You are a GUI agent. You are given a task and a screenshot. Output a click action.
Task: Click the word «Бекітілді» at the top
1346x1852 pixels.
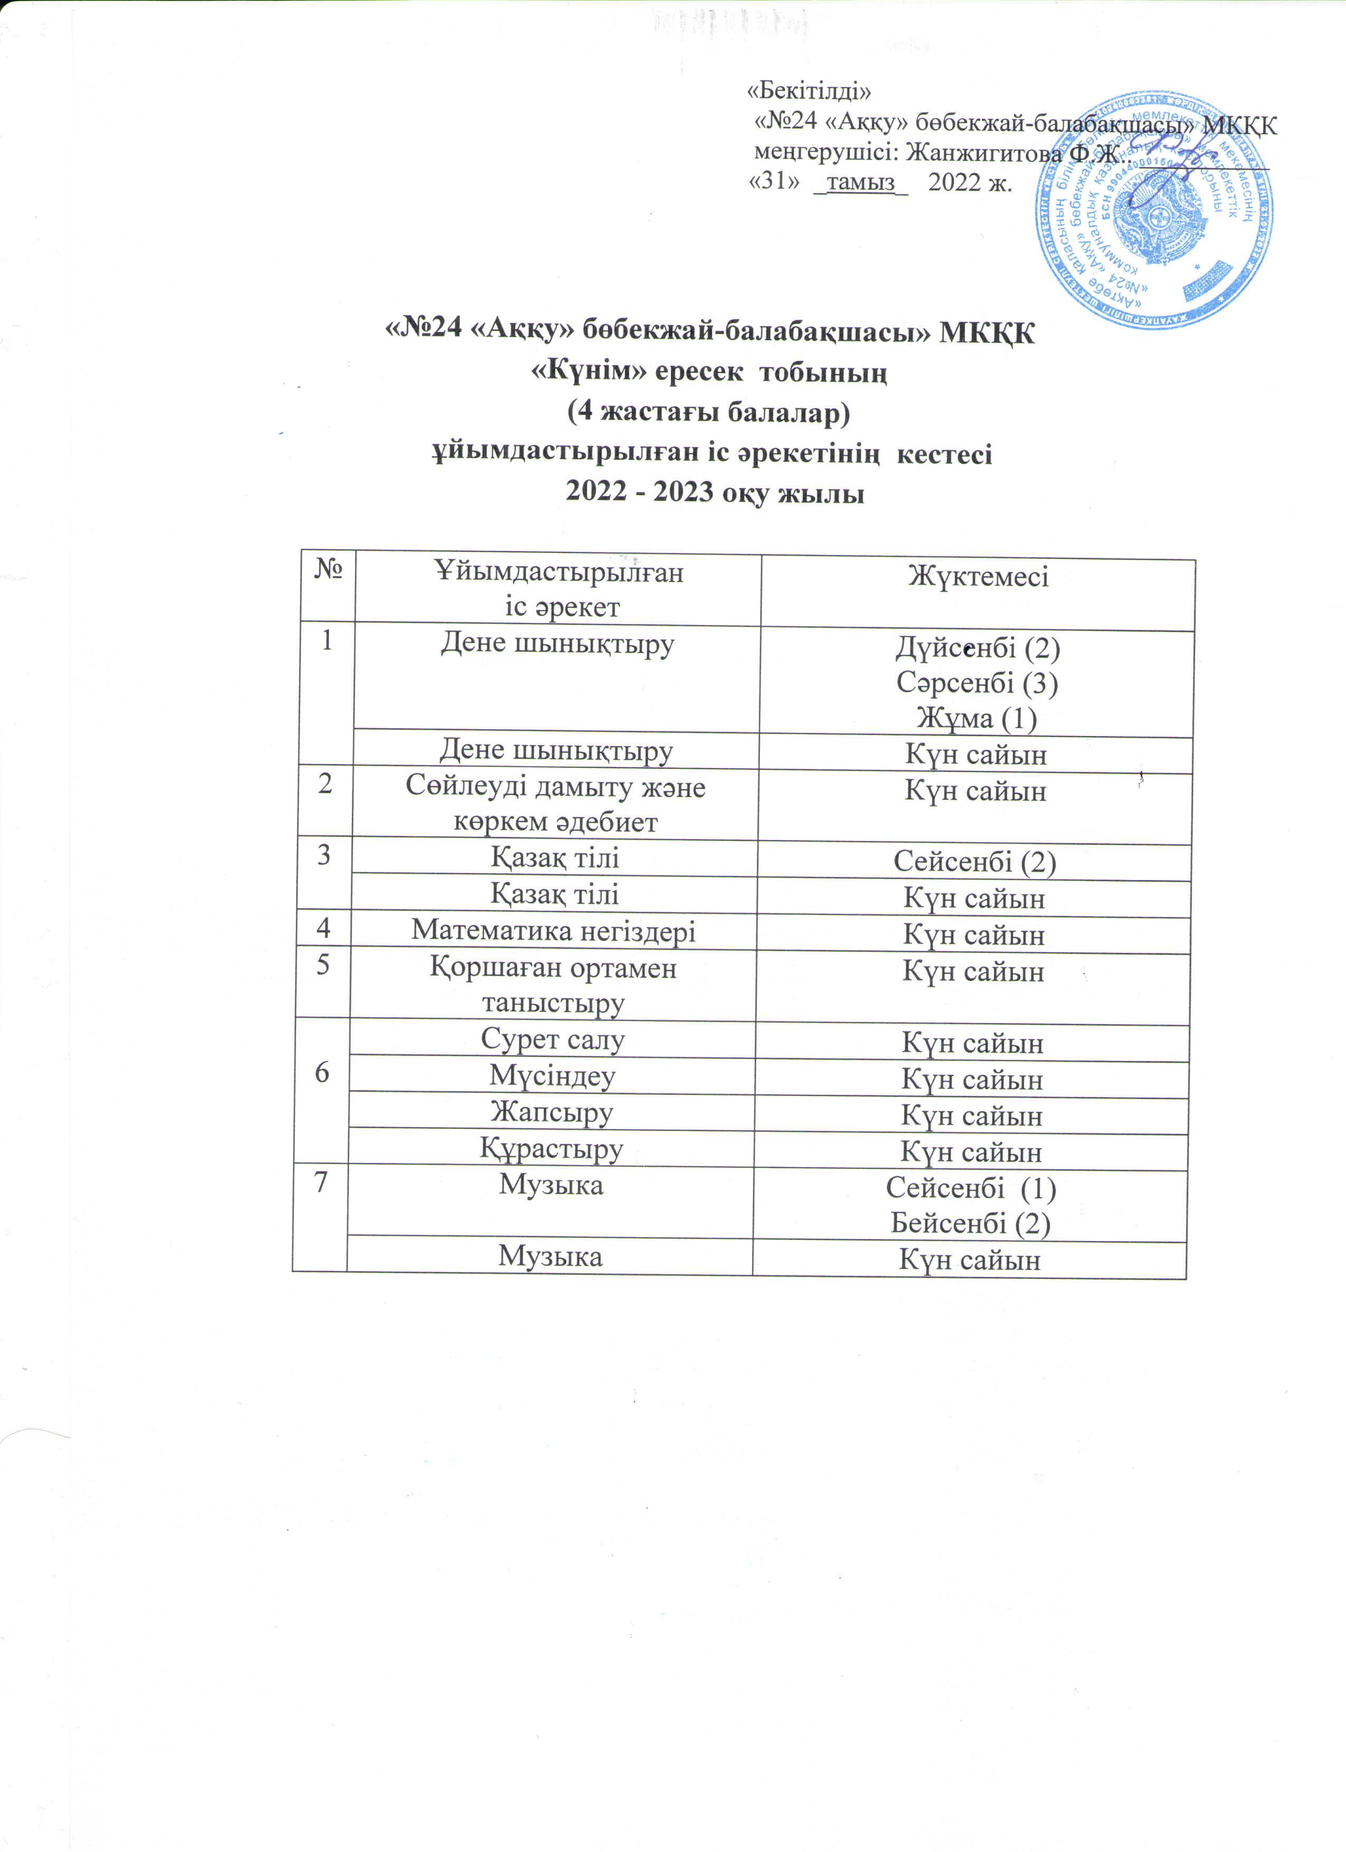point(810,90)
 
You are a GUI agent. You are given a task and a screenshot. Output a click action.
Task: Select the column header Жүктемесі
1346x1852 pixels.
point(978,577)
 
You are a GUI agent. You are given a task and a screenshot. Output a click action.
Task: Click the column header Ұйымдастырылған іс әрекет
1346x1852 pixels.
point(558,589)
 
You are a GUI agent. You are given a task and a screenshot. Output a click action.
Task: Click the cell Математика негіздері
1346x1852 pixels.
point(553,931)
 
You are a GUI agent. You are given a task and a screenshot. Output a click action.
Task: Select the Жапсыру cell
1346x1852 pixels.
point(552,1112)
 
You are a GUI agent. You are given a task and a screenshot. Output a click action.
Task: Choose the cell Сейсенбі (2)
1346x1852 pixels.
point(974,862)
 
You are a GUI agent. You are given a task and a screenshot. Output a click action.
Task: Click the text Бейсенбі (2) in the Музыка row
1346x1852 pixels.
point(970,1223)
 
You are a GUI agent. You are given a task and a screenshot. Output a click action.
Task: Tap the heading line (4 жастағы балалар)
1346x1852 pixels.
point(709,413)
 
